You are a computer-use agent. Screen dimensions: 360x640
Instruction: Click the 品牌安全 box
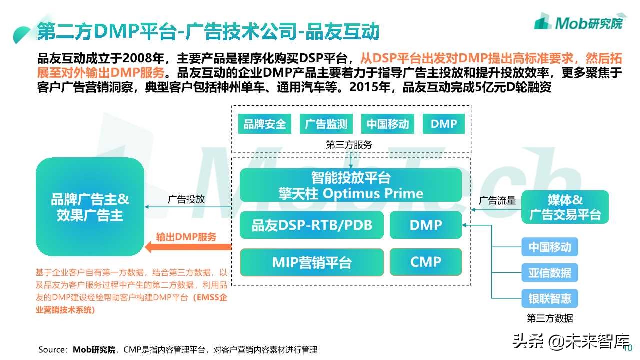(x=265, y=124)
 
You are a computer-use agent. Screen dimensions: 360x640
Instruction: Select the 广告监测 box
(x=326, y=124)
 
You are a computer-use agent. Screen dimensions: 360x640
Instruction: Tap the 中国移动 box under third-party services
(x=387, y=124)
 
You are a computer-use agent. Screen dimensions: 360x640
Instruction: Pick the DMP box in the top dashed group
(x=443, y=124)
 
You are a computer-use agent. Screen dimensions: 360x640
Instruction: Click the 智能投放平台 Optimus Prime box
(x=351, y=185)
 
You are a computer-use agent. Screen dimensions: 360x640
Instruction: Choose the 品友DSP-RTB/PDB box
(x=312, y=225)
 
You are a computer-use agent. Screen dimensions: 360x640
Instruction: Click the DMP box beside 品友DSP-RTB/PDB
(x=425, y=225)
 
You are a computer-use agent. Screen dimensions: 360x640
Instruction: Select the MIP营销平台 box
(x=312, y=262)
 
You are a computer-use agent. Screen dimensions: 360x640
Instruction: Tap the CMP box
(x=425, y=262)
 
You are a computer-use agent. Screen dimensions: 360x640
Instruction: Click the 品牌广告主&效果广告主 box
(x=90, y=207)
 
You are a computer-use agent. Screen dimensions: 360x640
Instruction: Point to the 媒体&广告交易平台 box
(x=565, y=207)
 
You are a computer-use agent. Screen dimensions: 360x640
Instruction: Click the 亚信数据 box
(x=550, y=273)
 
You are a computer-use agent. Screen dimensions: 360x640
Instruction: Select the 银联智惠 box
(x=550, y=299)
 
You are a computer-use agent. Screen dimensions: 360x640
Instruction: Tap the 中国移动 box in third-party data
(x=550, y=247)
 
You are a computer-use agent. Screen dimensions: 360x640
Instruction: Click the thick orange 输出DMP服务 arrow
(x=188, y=246)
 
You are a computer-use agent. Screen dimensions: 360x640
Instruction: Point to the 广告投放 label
(x=186, y=199)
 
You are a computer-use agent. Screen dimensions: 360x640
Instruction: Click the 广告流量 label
(x=497, y=200)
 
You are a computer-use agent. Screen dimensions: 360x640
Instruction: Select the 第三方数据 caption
(x=550, y=318)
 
